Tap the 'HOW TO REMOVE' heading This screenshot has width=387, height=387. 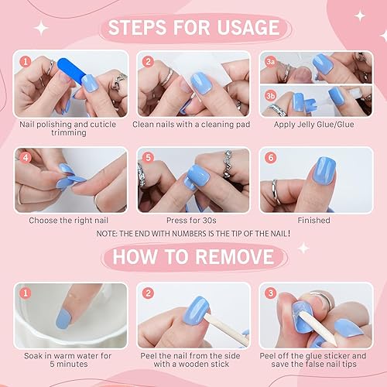193,256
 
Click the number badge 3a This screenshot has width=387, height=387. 269,60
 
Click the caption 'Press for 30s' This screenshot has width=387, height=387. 193,221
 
